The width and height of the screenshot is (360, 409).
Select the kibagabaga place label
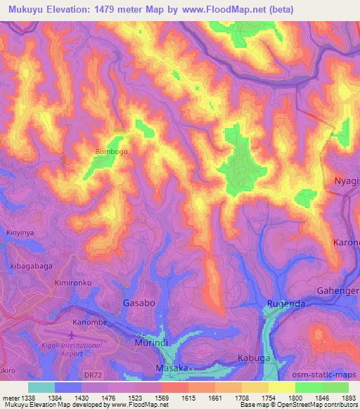(x=27, y=266)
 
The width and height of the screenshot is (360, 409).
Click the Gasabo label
(x=139, y=303)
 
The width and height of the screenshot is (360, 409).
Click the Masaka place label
(x=172, y=368)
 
